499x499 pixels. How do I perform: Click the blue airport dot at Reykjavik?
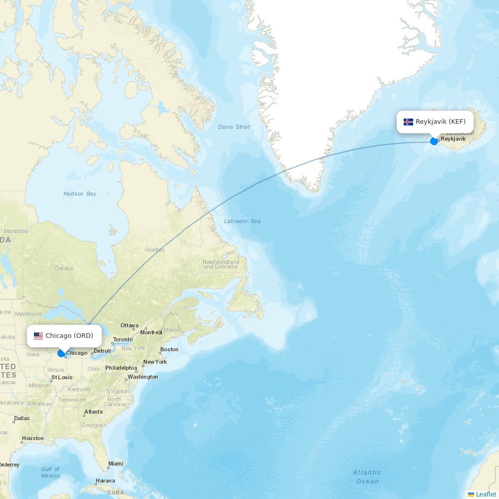pyautogui.click(x=434, y=141)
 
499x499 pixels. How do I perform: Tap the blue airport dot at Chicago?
pyautogui.click(x=61, y=353)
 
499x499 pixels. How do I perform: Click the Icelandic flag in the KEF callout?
pyautogui.click(x=408, y=122)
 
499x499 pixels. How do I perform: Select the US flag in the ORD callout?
pyautogui.click(x=38, y=336)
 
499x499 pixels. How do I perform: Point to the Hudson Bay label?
pyautogui.click(x=80, y=194)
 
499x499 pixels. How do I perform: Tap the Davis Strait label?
pyautogui.click(x=234, y=127)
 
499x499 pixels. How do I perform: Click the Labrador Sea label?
pyautogui.click(x=242, y=221)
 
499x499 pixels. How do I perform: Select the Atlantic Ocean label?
pyautogui.click(x=367, y=477)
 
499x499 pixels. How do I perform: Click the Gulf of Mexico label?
pyautogui.click(x=50, y=472)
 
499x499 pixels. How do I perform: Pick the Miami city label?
pyautogui.click(x=115, y=464)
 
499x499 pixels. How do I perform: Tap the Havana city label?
pyautogui.click(x=105, y=481)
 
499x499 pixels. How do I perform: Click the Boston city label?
pyautogui.click(x=169, y=349)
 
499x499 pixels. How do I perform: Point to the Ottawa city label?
pyautogui.click(x=129, y=325)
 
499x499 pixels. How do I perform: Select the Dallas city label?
pyautogui.click(x=22, y=418)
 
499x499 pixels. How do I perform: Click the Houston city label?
pyautogui.click(x=33, y=438)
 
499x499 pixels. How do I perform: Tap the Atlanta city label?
pyautogui.click(x=93, y=412)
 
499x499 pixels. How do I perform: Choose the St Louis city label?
pyautogui.click(x=62, y=377)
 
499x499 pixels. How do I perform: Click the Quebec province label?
pyautogui.click(x=155, y=249)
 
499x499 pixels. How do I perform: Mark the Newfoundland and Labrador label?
pyautogui.click(x=221, y=264)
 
